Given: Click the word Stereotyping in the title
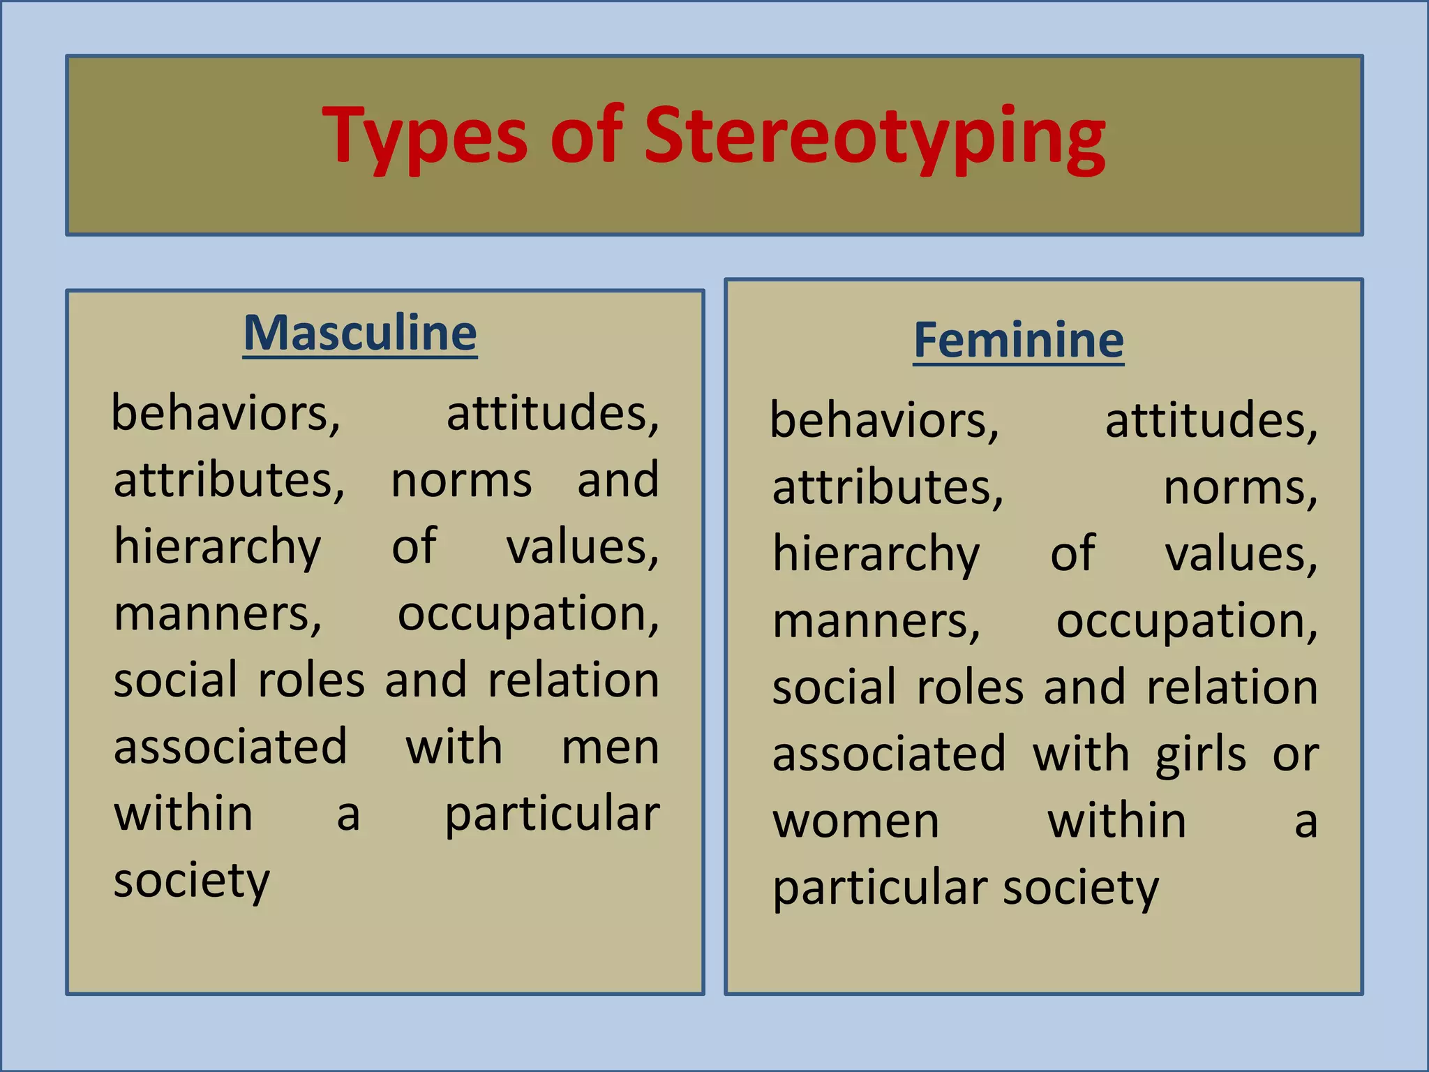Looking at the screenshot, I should pyautogui.click(x=874, y=137).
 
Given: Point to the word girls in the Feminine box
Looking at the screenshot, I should pyautogui.click(x=1200, y=755).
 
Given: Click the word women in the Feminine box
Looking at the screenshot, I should pyautogui.click(x=855, y=821).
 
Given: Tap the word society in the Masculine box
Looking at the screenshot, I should pyautogui.click(x=191, y=881).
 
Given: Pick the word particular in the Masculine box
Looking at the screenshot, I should pyautogui.click(x=552, y=814).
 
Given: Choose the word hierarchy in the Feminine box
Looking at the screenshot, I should pyautogui.click(x=876, y=554).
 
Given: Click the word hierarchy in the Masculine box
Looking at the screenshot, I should pyautogui.click(x=217, y=547).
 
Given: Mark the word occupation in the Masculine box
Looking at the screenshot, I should pyautogui.click(x=528, y=614).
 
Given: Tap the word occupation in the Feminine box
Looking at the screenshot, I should pyautogui.click(x=1186, y=621).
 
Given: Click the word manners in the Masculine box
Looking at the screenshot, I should pyautogui.click(x=217, y=614).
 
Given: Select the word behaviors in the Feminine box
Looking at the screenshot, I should pyautogui.click(x=884, y=421).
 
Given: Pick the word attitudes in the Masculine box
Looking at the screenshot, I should pyautogui.click(x=552, y=414).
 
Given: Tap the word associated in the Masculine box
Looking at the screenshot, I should pyautogui.click(x=230, y=747).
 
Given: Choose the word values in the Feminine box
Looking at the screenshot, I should pyautogui.click(x=1241, y=554).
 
